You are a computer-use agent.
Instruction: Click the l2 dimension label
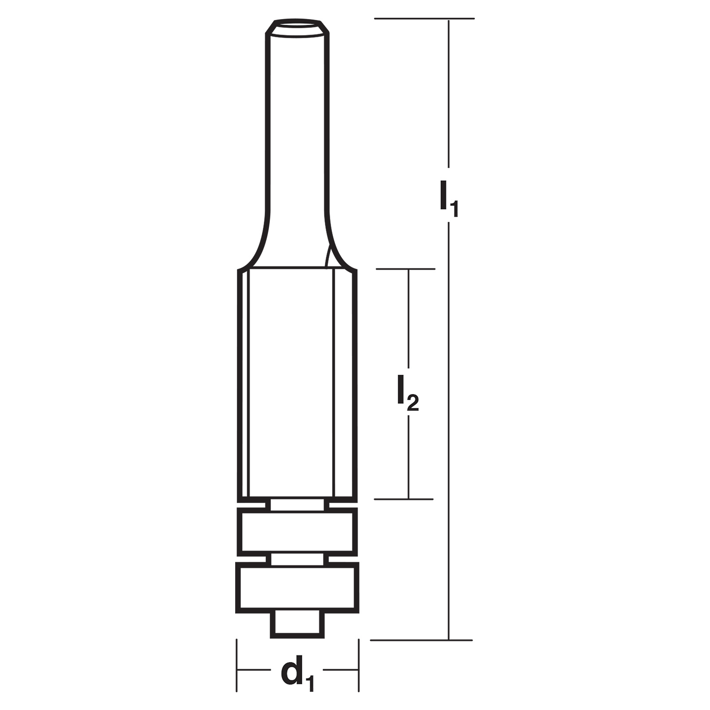coord(408,392)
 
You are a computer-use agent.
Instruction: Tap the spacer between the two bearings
coord(297,559)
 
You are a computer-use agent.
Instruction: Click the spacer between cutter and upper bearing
coord(297,505)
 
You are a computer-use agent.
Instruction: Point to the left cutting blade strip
coord(244,384)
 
